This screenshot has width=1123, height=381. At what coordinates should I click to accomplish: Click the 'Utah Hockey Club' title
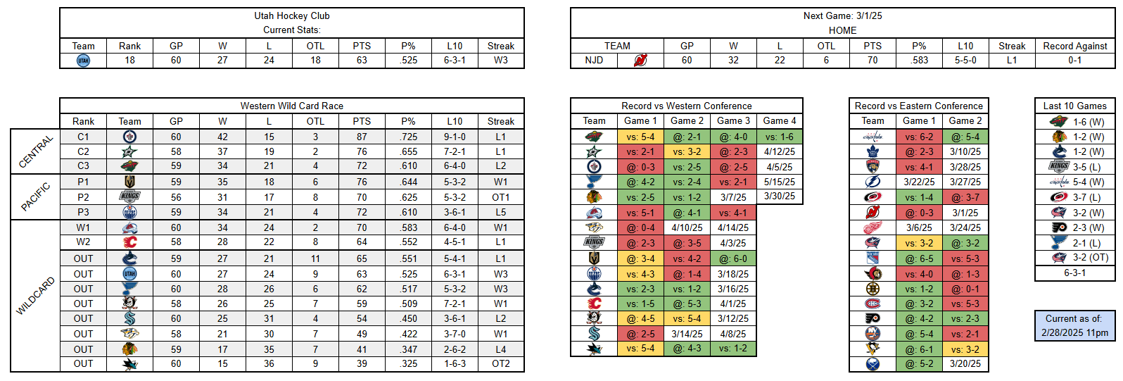291,15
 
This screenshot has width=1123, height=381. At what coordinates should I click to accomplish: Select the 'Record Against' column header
1074,46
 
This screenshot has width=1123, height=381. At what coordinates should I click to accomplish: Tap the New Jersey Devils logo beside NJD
640,61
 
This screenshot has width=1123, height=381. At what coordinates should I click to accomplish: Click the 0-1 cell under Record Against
1074,61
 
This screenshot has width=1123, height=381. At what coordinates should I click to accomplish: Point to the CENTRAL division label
36,151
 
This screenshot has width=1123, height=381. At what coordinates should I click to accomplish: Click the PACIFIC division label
36,197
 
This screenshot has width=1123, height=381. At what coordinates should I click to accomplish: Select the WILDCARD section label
36,296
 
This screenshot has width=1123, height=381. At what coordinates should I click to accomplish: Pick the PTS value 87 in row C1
362,137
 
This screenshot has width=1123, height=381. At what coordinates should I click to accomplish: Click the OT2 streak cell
500,364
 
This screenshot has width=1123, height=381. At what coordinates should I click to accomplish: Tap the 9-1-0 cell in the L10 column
455,137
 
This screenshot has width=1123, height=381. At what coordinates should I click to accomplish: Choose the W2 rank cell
83,242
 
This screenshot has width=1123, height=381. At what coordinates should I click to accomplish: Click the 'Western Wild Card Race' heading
291,106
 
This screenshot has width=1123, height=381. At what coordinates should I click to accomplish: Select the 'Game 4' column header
779,121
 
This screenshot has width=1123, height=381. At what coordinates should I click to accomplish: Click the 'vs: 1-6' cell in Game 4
779,137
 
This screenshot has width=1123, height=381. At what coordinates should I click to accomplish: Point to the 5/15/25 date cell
779,182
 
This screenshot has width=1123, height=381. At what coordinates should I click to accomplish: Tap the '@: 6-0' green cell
733,258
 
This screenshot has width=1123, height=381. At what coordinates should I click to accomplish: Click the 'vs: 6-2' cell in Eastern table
919,137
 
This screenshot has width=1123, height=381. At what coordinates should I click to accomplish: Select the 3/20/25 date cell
965,364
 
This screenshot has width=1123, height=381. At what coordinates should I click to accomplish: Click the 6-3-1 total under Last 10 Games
1074,273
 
